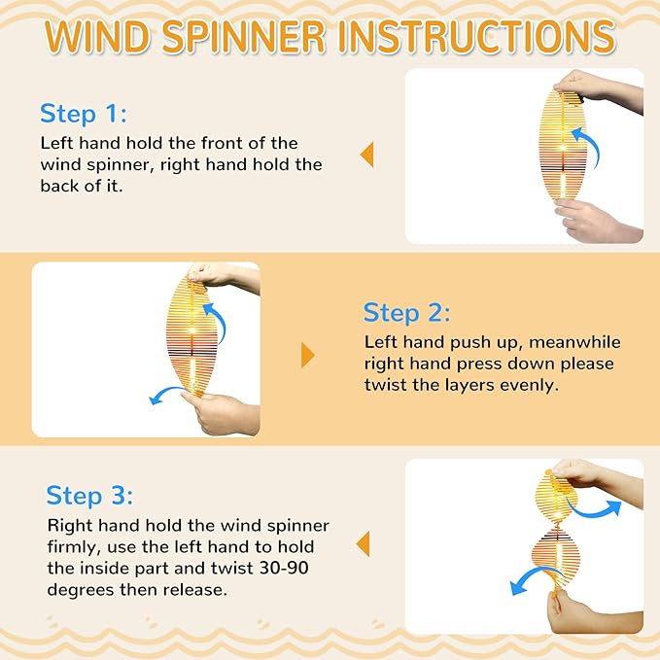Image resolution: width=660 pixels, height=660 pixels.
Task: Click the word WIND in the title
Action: (97, 36)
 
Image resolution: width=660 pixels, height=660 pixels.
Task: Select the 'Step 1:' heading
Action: (84, 114)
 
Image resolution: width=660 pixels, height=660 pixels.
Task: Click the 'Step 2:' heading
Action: (406, 313)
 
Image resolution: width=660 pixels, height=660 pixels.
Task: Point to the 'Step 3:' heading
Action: (89, 496)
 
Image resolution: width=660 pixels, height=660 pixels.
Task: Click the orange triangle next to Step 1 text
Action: (367, 155)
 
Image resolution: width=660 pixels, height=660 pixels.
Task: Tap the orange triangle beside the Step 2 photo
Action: (308, 355)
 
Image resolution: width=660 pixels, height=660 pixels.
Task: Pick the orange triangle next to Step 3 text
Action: (364, 543)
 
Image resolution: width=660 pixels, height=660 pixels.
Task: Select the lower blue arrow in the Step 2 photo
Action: (166, 393)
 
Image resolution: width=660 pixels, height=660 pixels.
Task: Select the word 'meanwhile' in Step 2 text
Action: (574, 342)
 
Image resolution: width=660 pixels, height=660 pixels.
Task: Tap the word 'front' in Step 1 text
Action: (222, 143)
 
